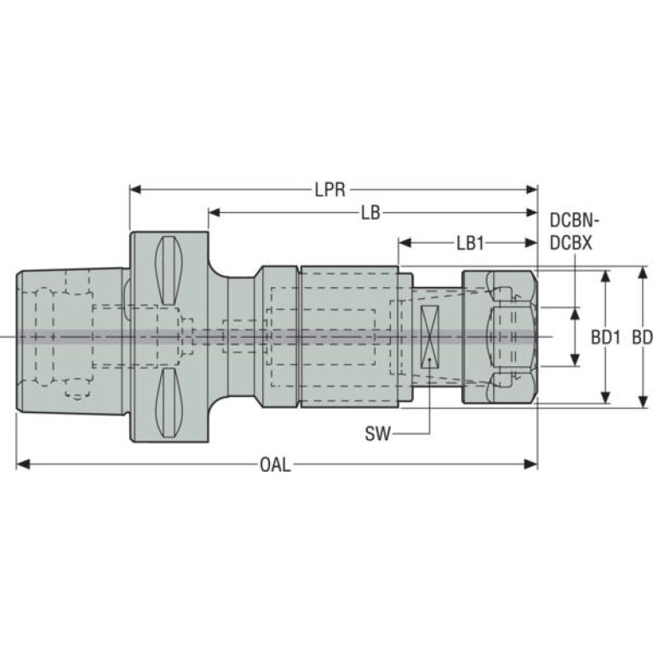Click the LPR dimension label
point(330,190)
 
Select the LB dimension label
point(370,213)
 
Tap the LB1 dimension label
point(471,243)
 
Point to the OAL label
point(275,464)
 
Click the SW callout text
point(378,434)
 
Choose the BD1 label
point(606,338)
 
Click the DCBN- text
point(575,221)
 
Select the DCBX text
point(571,243)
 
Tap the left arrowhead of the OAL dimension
point(22,464)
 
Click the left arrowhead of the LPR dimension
point(136,190)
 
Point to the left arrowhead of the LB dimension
point(214,213)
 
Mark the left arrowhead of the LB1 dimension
point(404,243)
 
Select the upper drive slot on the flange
point(169,270)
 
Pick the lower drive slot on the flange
point(169,403)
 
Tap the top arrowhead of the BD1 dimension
point(606,277)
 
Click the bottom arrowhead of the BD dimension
point(644,402)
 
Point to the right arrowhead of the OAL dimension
point(531,464)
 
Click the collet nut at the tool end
point(500,337)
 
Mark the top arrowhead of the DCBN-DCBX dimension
point(576,314)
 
